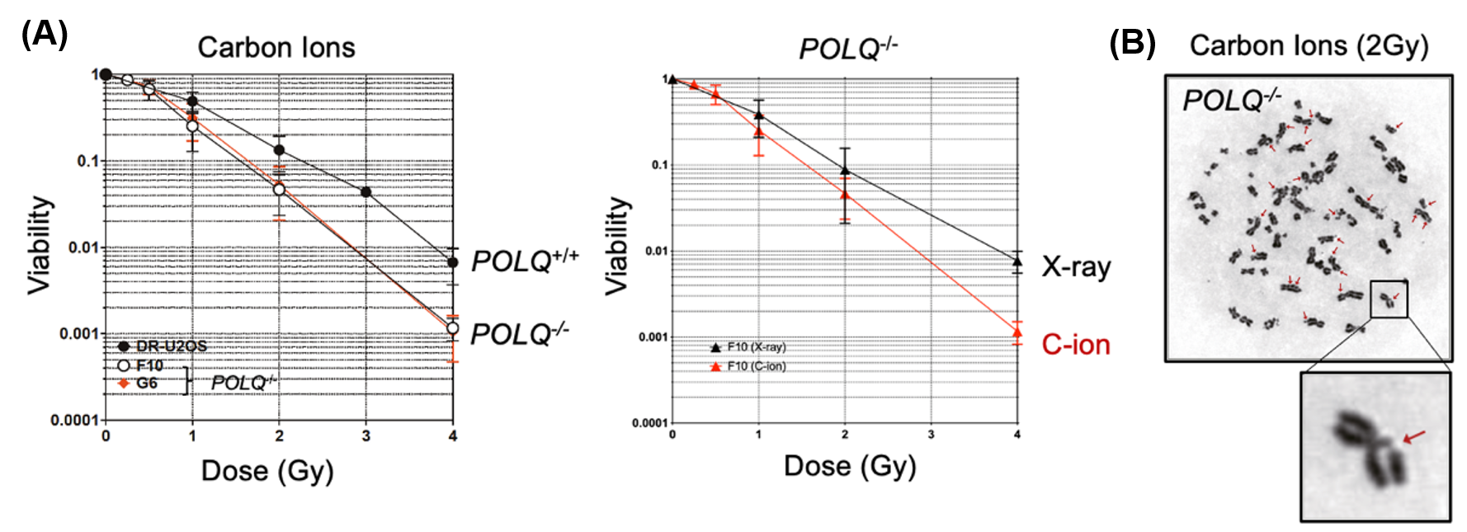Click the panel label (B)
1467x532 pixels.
click(x=1132, y=43)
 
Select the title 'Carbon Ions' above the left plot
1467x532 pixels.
click(x=276, y=48)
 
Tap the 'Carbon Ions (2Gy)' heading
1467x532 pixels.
click(x=1309, y=45)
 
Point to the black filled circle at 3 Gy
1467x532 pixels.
click(x=366, y=191)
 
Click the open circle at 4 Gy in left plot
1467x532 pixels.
click(x=452, y=328)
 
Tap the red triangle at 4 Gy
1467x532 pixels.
click(x=1017, y=332)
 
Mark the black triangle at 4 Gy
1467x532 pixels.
click(x=1017, y=261)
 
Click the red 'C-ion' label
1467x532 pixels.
click(x=1076, y=345)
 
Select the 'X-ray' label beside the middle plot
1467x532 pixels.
click(x=1076, y=266)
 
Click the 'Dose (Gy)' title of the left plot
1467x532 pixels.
click(x=267, y=471)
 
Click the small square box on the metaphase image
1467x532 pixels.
click(x=1389, y=299)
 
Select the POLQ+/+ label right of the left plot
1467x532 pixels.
click(x=525, y=261)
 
